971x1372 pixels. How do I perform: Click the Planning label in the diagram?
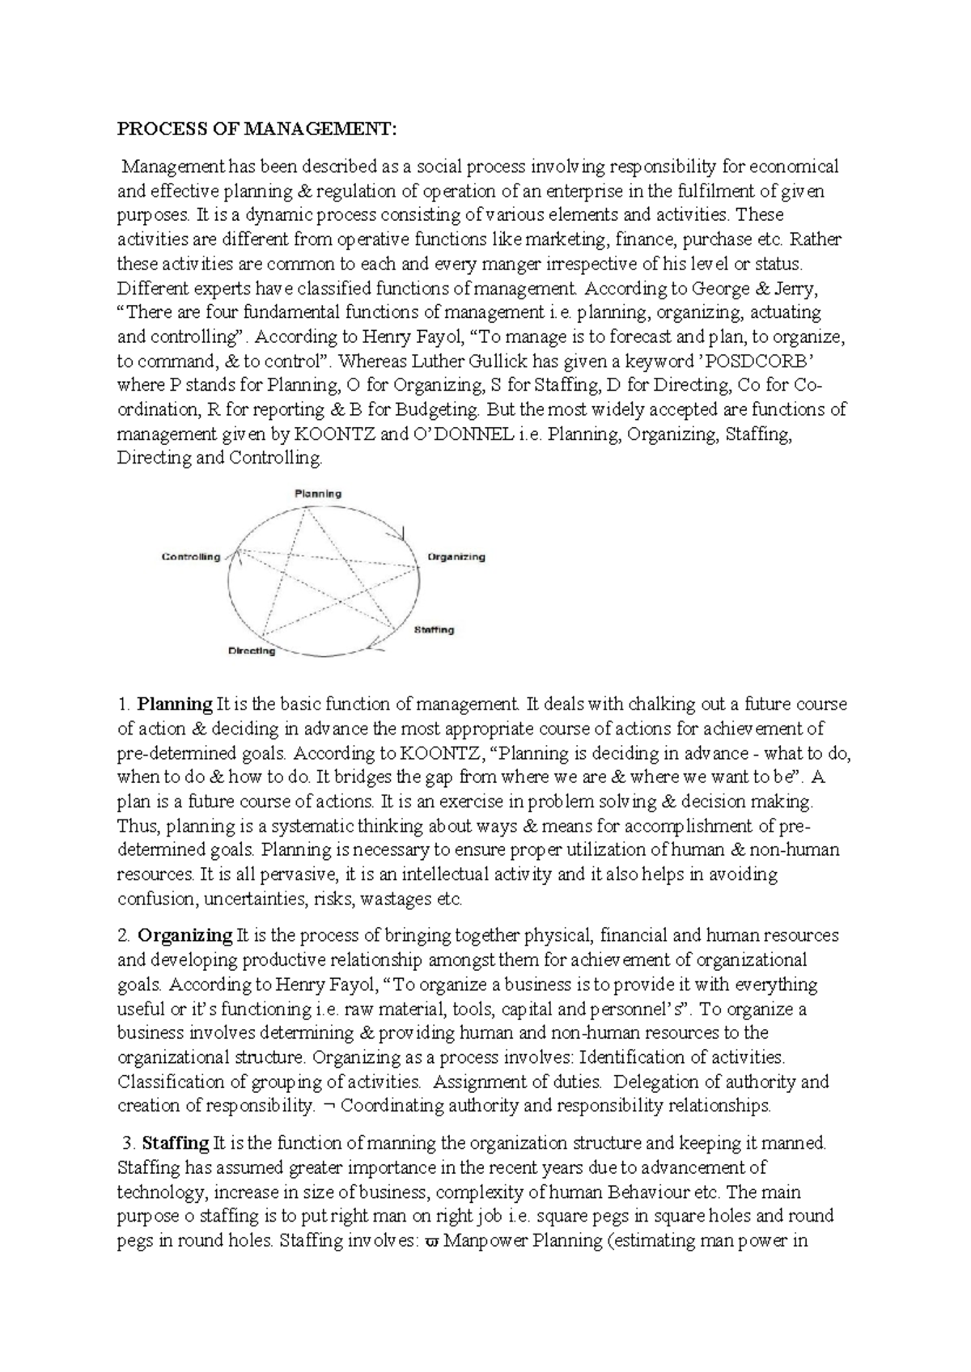tap(317, 493)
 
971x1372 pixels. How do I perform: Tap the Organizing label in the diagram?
tap(456, 557)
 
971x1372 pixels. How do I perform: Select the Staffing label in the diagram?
tap(434, 629)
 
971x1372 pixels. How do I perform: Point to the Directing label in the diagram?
tap(252, 650)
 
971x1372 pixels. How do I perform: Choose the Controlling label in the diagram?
tap(191, 557)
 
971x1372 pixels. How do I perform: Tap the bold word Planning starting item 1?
tap(175, 705)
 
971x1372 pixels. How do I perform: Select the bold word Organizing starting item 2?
tap(185, 936)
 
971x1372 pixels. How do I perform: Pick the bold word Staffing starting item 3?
tap(176, 1144)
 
